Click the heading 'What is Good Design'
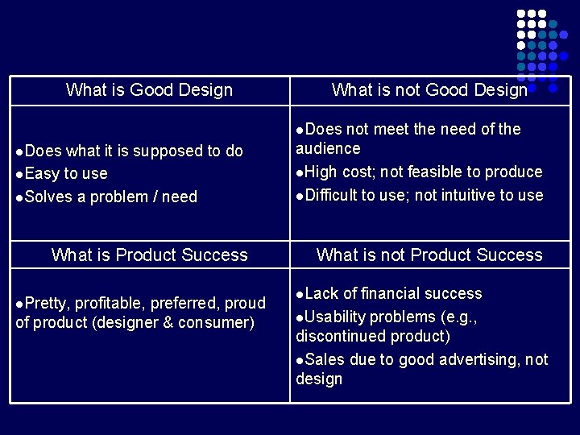(149, 90)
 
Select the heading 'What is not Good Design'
(429, 90)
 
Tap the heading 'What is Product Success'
(149, 255)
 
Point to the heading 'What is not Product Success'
(429, 255)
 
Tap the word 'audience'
(328, 149)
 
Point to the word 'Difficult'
(331, 196)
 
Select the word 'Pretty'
(47, 304)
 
